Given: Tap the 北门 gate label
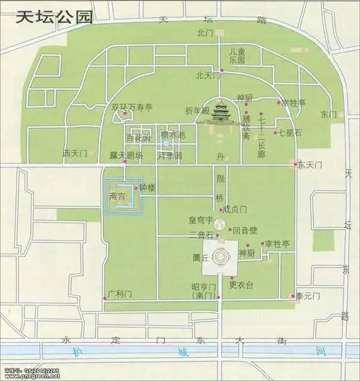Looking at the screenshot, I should pyautogui.click(x=203, y=33).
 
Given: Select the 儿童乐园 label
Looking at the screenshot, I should pyautogui.click(x=237, y=57).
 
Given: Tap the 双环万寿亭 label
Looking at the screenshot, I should pyautogui.click(x=132, y=109).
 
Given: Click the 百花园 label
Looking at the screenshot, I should pyautogui.click(x=139, y=138).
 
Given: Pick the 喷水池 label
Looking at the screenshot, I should pyautogui.click(x=173, y=135).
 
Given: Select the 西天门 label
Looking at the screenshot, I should pyautogui.click(x=74, y=153).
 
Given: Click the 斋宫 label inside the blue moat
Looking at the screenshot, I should pyautogui.click(x=117, y=195).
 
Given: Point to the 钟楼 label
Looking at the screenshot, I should pyautogui.click(x=147, y=187).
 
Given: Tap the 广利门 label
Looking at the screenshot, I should pyautogui.click(x=117, y=295).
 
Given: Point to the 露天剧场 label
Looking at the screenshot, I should pyautogui.click(x=126, y=155).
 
